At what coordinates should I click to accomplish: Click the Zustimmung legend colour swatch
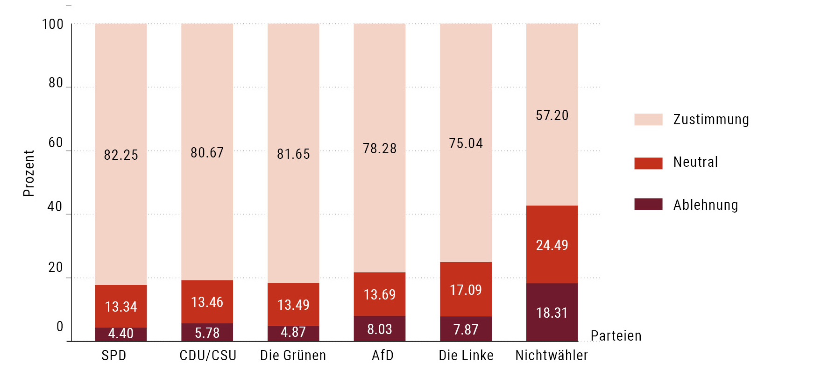click(648, 120)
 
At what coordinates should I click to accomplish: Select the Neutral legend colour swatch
click(648, 163)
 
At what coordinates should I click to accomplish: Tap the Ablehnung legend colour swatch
click(648, 204)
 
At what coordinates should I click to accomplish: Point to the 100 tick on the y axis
click(53, 24)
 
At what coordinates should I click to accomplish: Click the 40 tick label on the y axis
click(55, 207)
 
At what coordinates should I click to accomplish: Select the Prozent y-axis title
click(29, 173)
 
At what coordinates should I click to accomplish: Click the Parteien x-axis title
click(616, 336)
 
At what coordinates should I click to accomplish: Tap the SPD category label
click(114, 356)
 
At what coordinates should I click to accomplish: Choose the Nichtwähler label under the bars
click(552, 356)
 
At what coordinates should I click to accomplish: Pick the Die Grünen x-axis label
click(293, 356)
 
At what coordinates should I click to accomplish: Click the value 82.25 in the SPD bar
click(121, 155)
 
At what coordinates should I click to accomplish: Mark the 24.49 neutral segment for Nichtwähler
click(552, 245)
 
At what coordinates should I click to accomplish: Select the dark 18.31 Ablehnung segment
click(552, 313)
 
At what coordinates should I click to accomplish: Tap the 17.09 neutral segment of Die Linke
click(466, 290)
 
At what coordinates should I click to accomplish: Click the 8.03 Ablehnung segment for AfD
click(380, 329)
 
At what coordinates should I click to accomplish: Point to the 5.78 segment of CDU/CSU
click(207, 333)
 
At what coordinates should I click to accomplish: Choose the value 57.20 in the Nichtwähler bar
click(552, 115)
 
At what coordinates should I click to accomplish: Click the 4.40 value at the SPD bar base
click(121, 334)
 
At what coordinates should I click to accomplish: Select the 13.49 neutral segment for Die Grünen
click(293, 305)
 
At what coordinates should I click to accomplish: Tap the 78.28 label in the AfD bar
click(380, 149)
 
